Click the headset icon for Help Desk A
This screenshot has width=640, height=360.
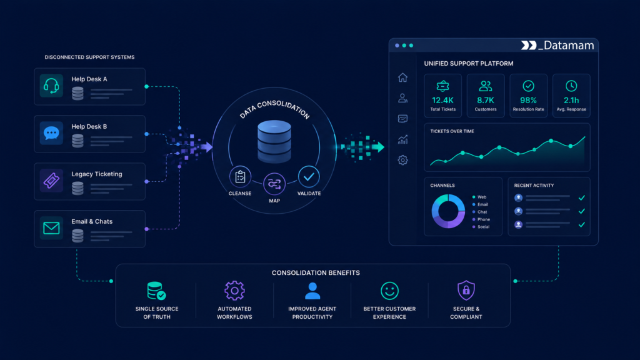tap(51, 86)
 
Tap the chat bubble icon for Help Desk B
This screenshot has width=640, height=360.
tap(51, 133)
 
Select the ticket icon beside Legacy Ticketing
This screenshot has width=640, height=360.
tap(51, 181)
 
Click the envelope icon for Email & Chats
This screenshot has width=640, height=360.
tap(51, 227)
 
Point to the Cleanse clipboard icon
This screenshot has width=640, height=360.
tap(240, 177)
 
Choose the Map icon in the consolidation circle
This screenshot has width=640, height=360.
tap(274, 184)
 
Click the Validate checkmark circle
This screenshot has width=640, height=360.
tap(309, 177)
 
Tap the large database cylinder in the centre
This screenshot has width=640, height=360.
tap(274, 142)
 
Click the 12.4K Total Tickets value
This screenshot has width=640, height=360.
tap(443, 100)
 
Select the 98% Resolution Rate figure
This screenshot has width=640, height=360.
tap(528, 100)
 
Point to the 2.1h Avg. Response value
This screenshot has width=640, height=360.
tap(571, 100)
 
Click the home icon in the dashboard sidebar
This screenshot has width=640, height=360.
tap(403, 77)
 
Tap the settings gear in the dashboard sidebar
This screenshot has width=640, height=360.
tap(403, 160)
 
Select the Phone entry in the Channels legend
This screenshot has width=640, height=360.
tap(484, 219)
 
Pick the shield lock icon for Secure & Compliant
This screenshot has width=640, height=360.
tap(466, 290)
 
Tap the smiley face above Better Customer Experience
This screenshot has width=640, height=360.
tap(389, 291)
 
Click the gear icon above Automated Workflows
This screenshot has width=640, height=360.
tap(235, 291)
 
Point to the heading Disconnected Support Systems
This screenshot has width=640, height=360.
tap(89, 57)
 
